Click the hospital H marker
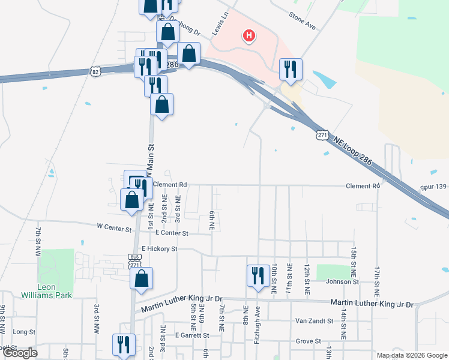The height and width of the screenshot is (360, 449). pyautogui.click(x=249, y=37)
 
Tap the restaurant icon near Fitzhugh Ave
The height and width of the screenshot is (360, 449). pyautogui.click(x=258, y=276)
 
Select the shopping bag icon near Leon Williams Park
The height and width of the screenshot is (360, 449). pyautogui.click(x=141, y=278)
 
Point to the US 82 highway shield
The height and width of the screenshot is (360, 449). pyautogui.click(x=96, y=71)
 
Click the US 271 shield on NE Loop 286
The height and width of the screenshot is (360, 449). pyautogui.click(x=323, y=135)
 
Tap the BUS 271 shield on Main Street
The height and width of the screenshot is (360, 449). pyautogui.click(x=135, y=259)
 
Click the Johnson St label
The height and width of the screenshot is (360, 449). pyautogui.click(x=342, y=281)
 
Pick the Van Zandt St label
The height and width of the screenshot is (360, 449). pyautogui.click(x=314, y=321)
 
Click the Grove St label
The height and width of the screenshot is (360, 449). pyautogui.click(x=309, y=341)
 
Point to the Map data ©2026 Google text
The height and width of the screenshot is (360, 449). pyautogui.click(x=411, y=355)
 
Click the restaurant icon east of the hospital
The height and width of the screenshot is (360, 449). pyautogui.click(x=291, y=69)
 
